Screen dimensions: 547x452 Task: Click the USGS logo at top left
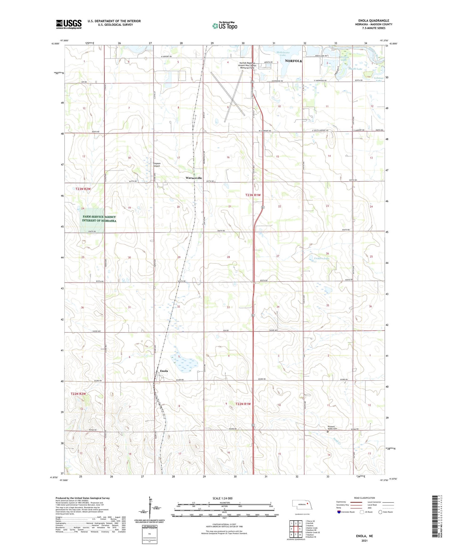[69, 24]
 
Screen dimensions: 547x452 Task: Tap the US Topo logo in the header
[225, 25]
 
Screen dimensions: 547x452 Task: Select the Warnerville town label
[194, 178]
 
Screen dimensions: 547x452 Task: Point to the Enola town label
[164, 371]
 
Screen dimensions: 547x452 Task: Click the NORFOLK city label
[293, 61]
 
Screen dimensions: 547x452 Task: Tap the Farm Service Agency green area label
[99, 219]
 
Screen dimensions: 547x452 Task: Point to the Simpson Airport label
[156, 164]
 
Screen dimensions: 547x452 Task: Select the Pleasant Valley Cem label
[329, 428]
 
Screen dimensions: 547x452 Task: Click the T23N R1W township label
[253, 195]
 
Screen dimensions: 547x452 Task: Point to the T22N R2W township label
[78, 394]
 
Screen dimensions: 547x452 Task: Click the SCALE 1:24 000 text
[222, 498]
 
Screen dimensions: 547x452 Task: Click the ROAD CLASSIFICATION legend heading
[364, 498]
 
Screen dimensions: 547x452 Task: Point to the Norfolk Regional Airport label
[247, 65]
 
